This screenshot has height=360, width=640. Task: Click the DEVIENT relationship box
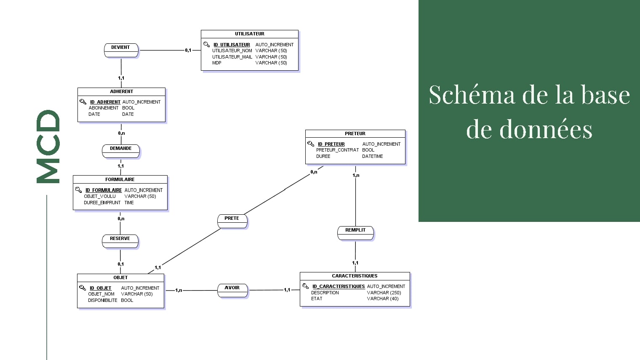pyautogui.click(x=121, y=50)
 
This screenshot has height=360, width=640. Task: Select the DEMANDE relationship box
pyautogui.click(x=121, y=151)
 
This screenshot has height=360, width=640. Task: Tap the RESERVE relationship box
pyautogui.click(x=120, y=241)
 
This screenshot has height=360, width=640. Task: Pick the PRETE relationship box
pyautogui.click(x=232, y=221)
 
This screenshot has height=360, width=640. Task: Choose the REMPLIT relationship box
pyautogui.click(x=355, y=233)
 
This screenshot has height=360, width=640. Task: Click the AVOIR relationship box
pyautogui.click(x=232, y=291)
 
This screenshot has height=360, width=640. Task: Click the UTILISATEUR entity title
pyautogui.click(x=250, y=34)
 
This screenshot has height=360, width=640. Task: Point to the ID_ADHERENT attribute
pyautogui.click(x=105, y=102)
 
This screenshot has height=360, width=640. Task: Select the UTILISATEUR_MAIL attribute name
pyautogui.click(x=232, y=57)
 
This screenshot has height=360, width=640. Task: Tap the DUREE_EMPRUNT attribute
pyautogui.click(x=102, y=203)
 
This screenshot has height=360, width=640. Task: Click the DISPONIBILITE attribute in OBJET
pyautogui.click(x=102, y=300)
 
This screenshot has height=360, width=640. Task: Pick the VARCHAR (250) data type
pyautogui.click(x=384, y=293)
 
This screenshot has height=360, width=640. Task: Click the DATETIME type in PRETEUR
pyautogui.click(x=372, y=156)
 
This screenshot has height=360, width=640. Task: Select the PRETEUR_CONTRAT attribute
pyautogui.click(x=337, y=150)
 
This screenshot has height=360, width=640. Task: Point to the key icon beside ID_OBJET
pyautogui.click(x=83, y=288)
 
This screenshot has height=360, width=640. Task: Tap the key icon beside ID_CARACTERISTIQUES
pyautogui.click(x=306, y=286)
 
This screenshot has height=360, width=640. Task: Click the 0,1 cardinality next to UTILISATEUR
pyautogui.click(x=188, y=51)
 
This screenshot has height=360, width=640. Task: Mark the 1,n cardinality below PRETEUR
pyautogui.click(x=356, y=175)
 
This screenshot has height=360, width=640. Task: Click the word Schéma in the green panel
pyautogui.click(x=472, y=95)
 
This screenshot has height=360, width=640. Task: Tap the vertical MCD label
pyautogui.click(x=48, y=147)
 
